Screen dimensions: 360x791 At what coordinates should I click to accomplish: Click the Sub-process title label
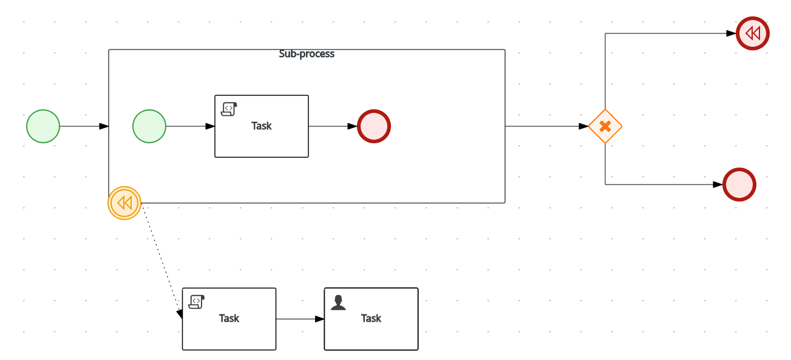[x=307, y=54]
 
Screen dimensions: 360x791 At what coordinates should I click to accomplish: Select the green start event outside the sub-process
[x=43, y=126]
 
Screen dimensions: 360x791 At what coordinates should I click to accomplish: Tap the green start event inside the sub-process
[x=149, y=126]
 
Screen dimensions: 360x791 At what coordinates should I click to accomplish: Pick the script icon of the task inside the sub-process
[x=228, y=109]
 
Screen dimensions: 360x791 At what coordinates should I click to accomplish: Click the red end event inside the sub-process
[x=374, y=126]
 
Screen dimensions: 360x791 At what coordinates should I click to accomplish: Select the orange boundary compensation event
[x=124, y=203]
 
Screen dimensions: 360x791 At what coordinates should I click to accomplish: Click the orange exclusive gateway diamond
[x=605, y=126]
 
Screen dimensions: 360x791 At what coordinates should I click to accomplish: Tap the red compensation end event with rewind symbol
[x=753, y=33]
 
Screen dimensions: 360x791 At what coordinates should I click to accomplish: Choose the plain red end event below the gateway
[x=739, y=185]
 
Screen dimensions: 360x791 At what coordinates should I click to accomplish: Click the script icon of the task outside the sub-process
[x=196, y=302]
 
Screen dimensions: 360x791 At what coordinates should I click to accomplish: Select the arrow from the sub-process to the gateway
[x=543, y=126]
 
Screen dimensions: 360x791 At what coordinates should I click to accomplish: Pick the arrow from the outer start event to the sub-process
[x=82, y=126]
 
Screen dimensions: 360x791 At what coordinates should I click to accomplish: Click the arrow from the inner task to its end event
[x=331, y=126]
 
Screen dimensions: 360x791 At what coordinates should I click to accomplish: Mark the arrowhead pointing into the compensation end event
[x=732, y=33]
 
